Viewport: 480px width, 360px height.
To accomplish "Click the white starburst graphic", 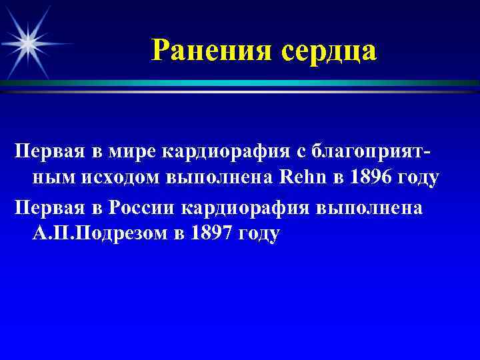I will coord(29,42).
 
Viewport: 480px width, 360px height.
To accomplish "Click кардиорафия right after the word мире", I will coord(224,152).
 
